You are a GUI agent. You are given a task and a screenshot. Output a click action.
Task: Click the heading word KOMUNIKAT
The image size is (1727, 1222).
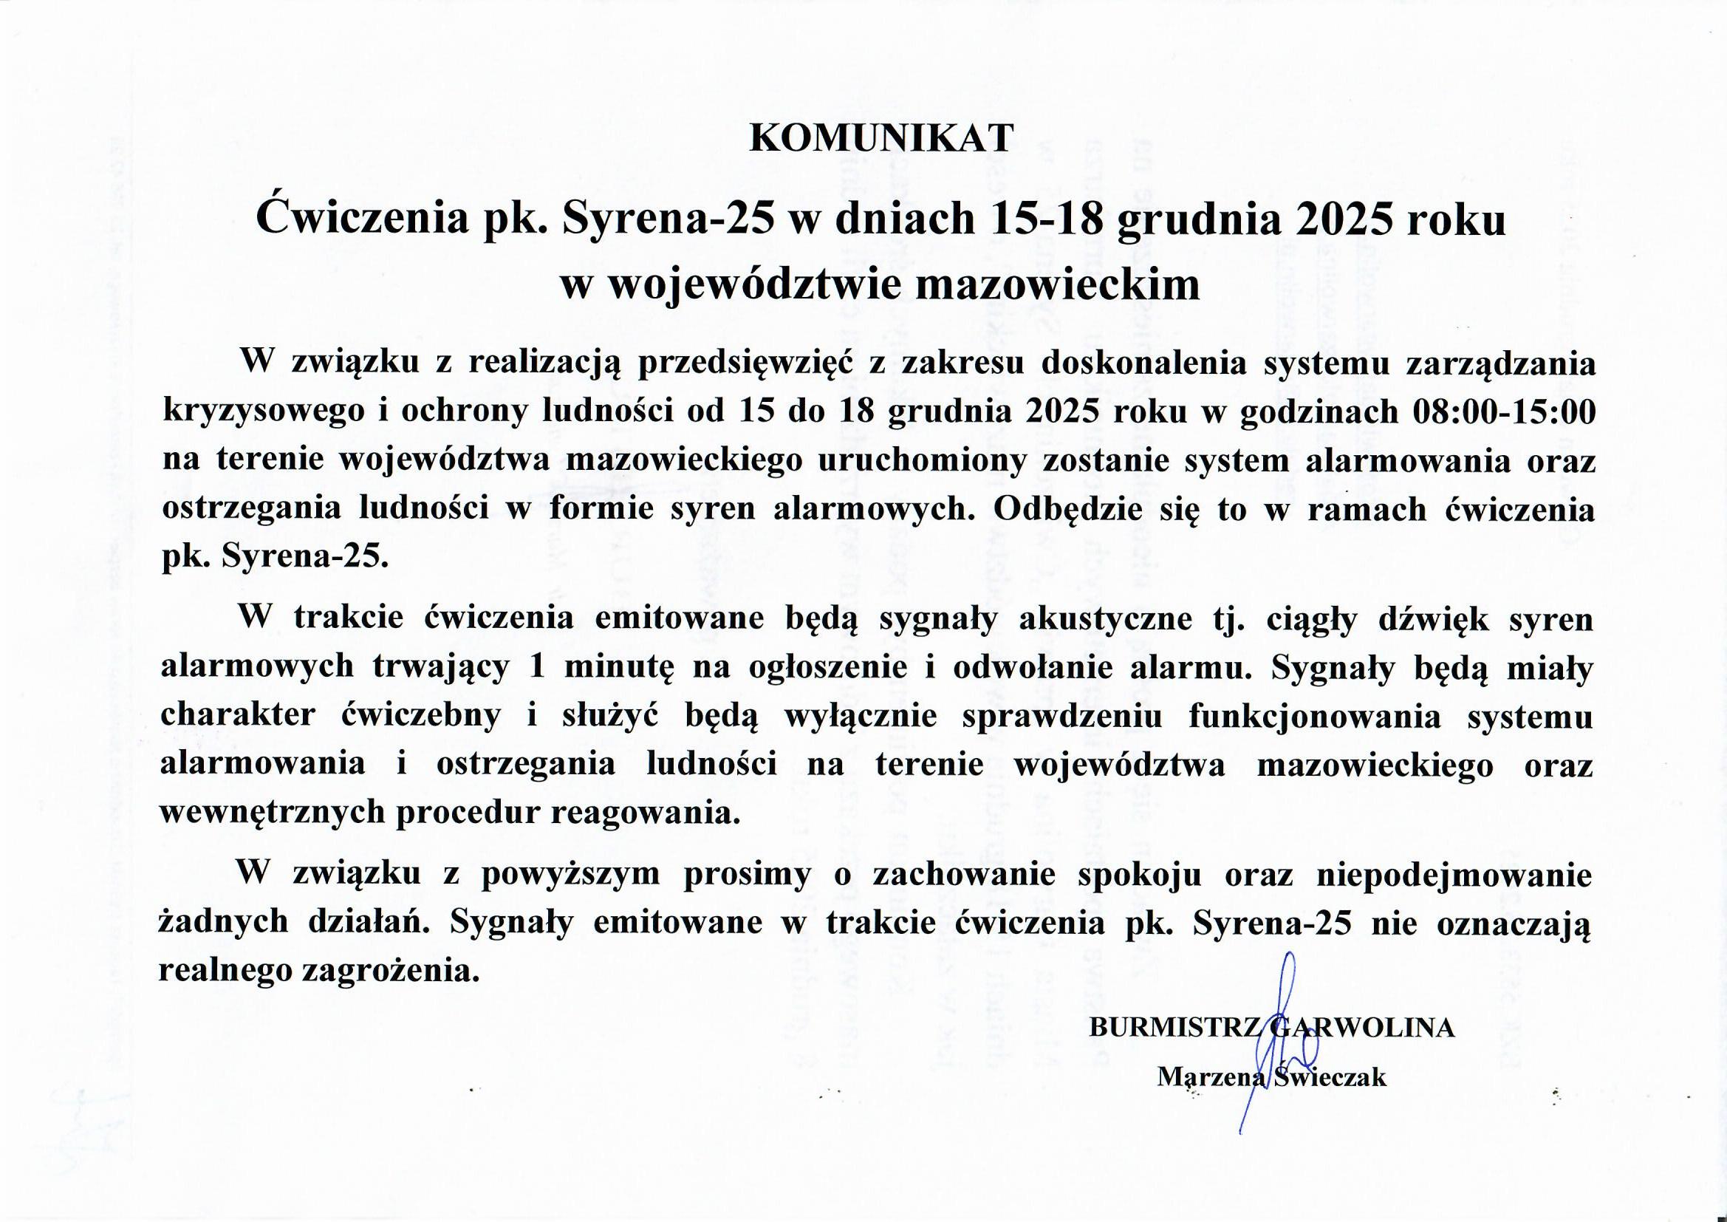pyautogui.click(x=881, y=137)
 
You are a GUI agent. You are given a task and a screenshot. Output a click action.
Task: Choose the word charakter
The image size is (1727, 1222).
pyautogui.click(x=238, y=716)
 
